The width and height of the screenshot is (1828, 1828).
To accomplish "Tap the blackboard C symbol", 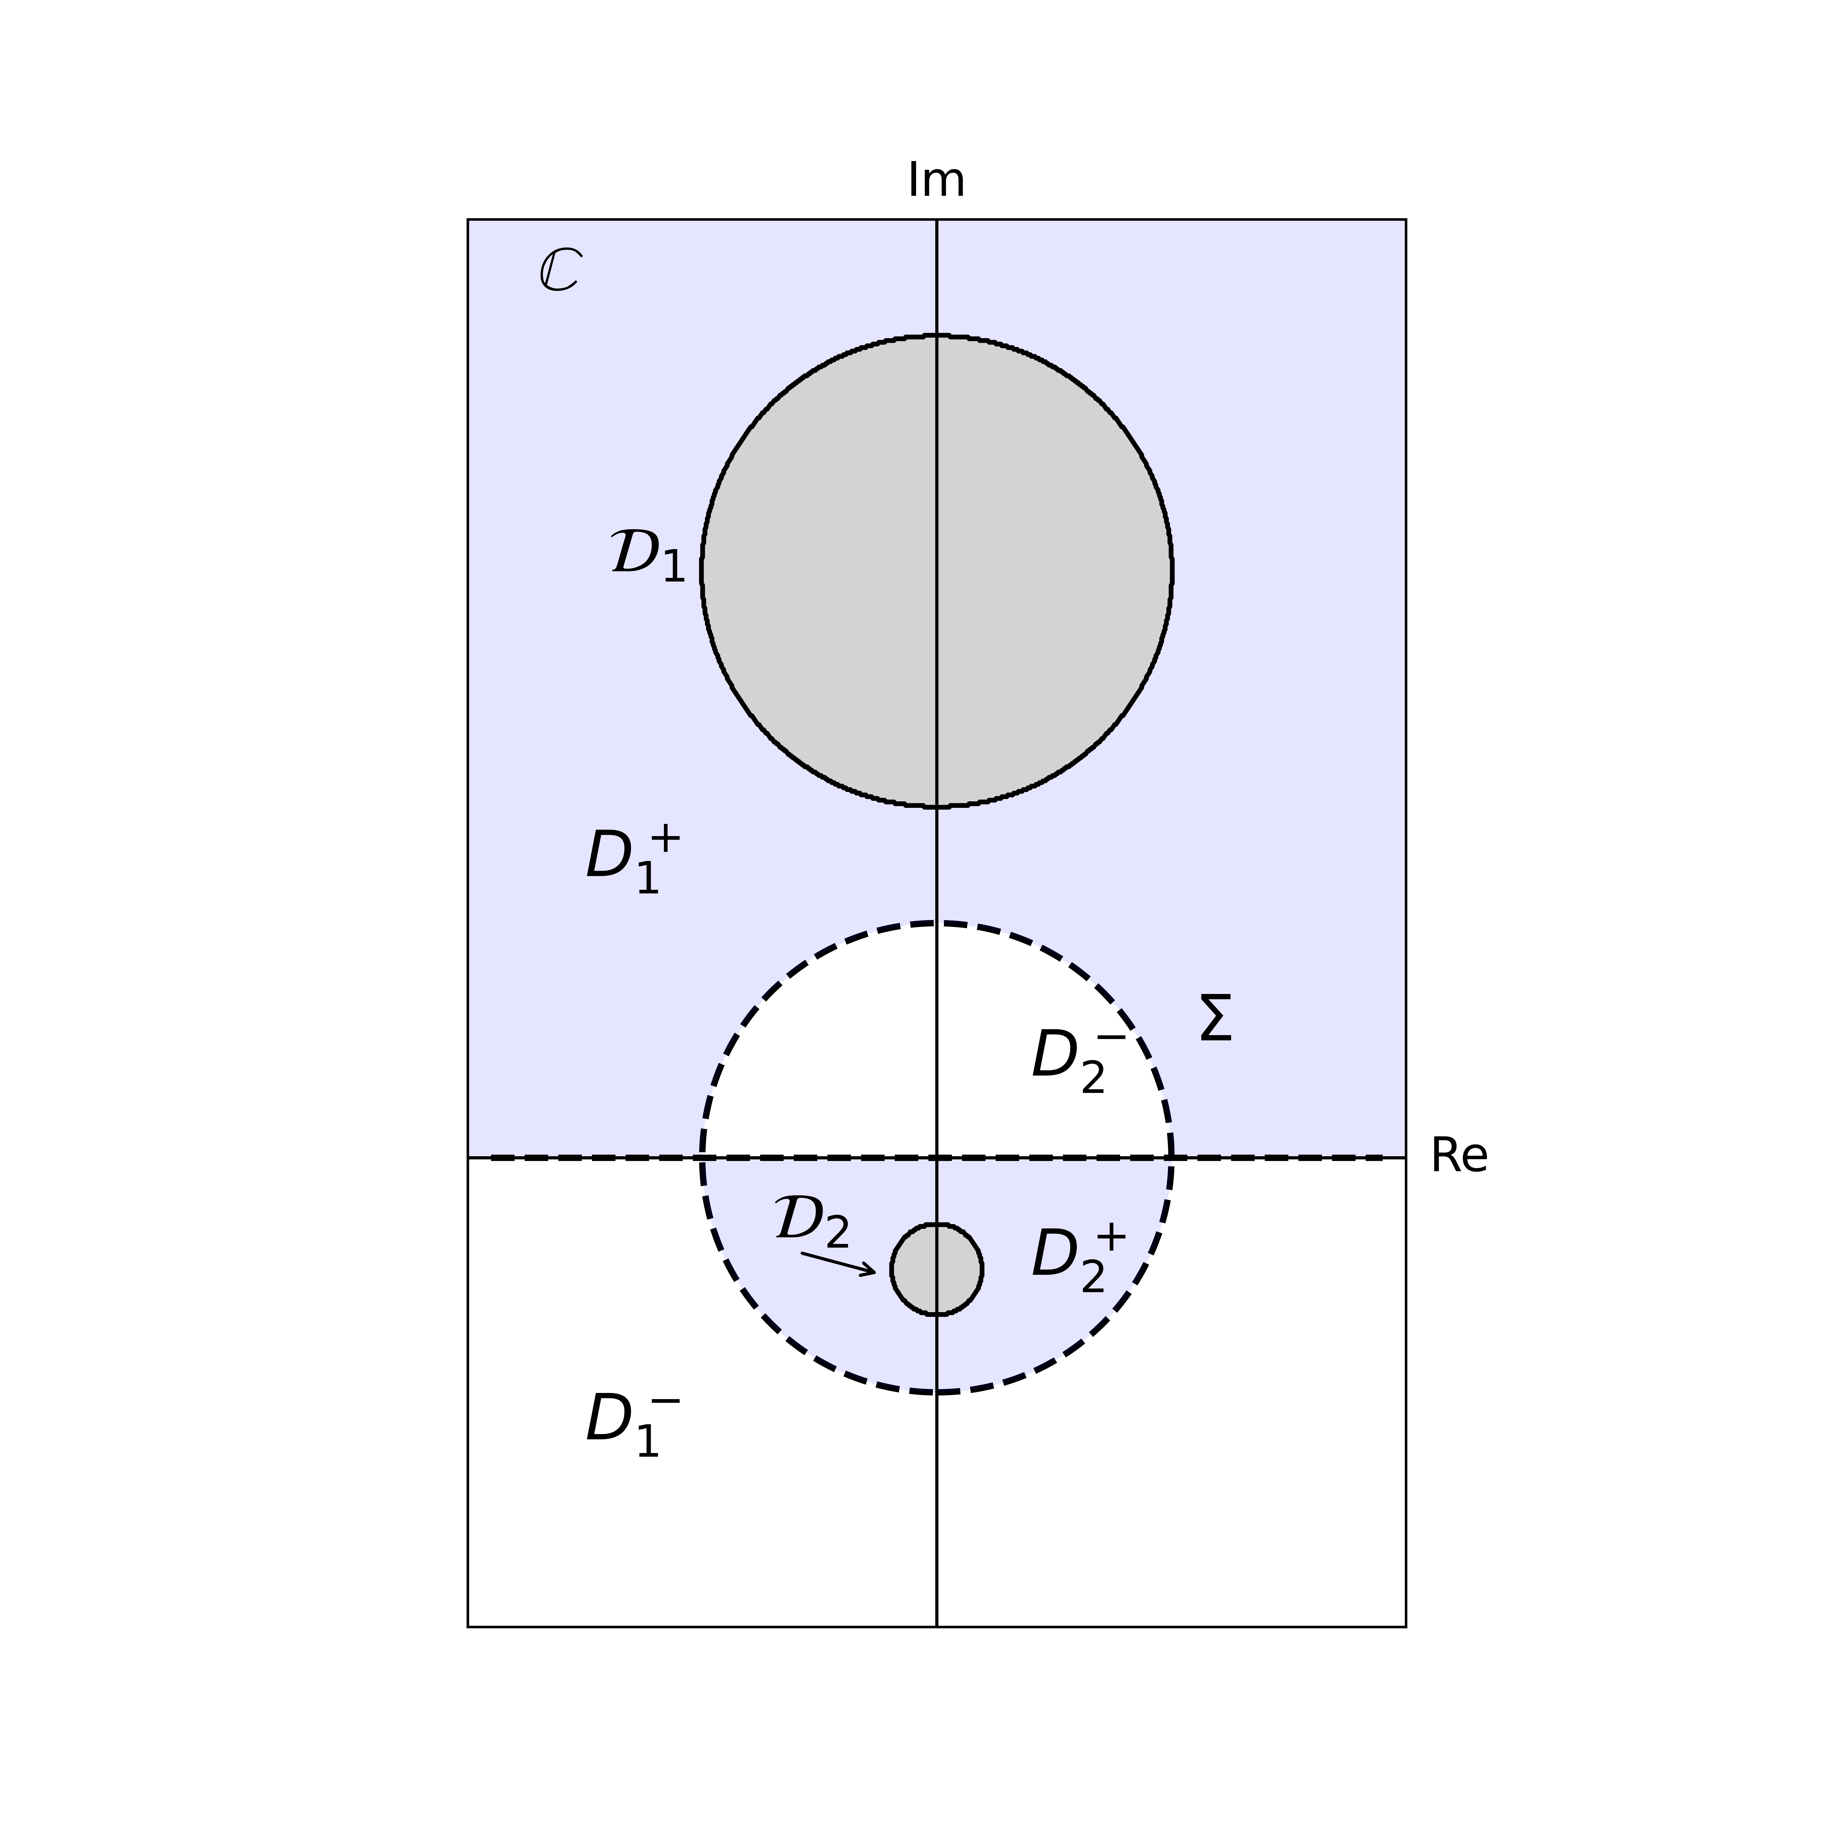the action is click(x=560, y=271).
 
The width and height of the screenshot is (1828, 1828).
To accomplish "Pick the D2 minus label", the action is click(x=1079, y=1060).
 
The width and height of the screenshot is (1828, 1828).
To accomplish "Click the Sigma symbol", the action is click(x=1216, y=1019).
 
